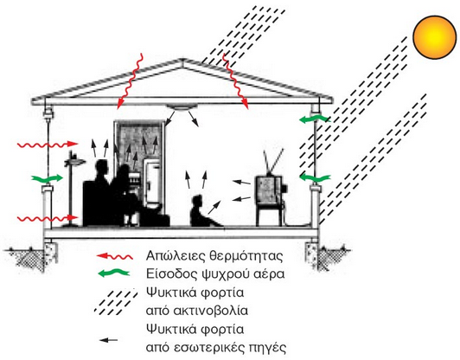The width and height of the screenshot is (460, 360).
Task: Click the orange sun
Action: point(435,37)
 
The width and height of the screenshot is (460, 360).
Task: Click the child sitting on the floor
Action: point(202,212)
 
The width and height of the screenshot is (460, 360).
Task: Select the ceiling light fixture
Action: point(180,108)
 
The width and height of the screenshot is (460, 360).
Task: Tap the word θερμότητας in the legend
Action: point(246,256)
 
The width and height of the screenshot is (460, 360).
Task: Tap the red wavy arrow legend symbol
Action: point(115,257)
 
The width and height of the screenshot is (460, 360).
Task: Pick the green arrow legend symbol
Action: point(113,273)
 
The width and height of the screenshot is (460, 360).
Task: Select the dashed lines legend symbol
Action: point(116,301)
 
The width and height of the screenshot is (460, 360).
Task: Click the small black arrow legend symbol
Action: point(108,340)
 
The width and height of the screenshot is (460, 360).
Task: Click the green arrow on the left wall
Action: point(47,178)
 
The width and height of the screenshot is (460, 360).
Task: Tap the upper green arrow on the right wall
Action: point(315,119)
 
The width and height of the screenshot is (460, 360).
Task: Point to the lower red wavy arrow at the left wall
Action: point(48,218)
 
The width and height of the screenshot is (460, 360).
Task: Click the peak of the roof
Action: point(182,60)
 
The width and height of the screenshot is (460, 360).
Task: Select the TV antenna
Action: point(273,162)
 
